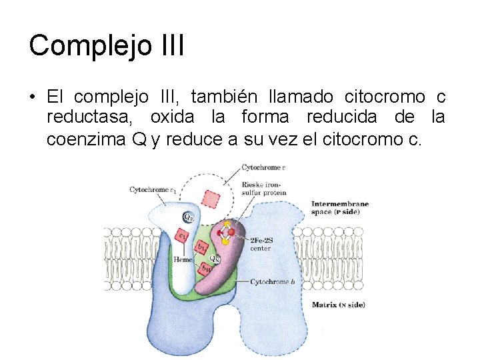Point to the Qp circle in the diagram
[189, 217]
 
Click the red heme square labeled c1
[181, 234]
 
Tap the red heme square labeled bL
[199, 247]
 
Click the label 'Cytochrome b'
[272, 282]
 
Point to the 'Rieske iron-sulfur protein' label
[263, 189]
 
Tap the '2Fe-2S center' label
[261, 244]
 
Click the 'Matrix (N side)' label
[338, 305]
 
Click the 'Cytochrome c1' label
[152, 190]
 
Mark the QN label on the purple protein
[215, 258]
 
